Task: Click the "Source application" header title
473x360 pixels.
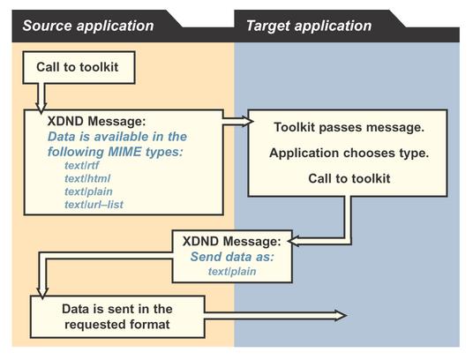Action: (88, 26)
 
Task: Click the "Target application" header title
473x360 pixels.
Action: (309, 26)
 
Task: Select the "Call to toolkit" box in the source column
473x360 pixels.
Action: (79, 67)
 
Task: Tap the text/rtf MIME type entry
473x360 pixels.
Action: (81, 166)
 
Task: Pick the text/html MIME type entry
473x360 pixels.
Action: (87, 178)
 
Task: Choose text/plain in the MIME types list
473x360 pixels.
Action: (88, 191)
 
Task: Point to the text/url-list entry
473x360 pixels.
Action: (94, 205)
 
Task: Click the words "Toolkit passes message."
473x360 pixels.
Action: (349, 127)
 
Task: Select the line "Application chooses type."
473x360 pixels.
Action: (349, 153)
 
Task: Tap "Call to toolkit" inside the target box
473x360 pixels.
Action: (349, 178)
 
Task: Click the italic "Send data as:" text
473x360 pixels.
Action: (232, 257)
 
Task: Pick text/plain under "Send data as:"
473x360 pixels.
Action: (232, 272)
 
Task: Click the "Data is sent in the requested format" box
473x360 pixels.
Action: (117, 317)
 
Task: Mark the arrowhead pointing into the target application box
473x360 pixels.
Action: (249, 121)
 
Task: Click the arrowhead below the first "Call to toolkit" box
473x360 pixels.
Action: (41, 108)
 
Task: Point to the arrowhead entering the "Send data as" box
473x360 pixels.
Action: (292, 241)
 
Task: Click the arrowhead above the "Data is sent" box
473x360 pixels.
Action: (42, 293)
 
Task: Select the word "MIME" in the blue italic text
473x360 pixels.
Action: (124, 152)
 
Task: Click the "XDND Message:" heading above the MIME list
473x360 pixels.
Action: (96, 121)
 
